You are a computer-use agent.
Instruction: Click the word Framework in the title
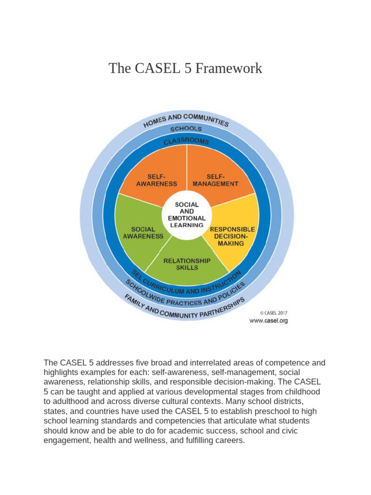click(232, 68)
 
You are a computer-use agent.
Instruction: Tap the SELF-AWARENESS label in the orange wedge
click(156, 180)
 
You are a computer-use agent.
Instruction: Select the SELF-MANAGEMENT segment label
click(215, 180)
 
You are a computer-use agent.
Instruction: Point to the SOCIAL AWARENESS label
click(143, 233)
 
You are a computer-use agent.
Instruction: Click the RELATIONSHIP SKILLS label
click(187, 264)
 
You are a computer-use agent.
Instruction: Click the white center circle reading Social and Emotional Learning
click(186, 215)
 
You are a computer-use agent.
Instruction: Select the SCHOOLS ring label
click(186, 129)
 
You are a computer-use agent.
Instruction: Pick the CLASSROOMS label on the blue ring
click(186, 141)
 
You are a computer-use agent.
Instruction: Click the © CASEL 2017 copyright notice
click(273, 312)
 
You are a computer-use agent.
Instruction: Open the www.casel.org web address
click(269, 320)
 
